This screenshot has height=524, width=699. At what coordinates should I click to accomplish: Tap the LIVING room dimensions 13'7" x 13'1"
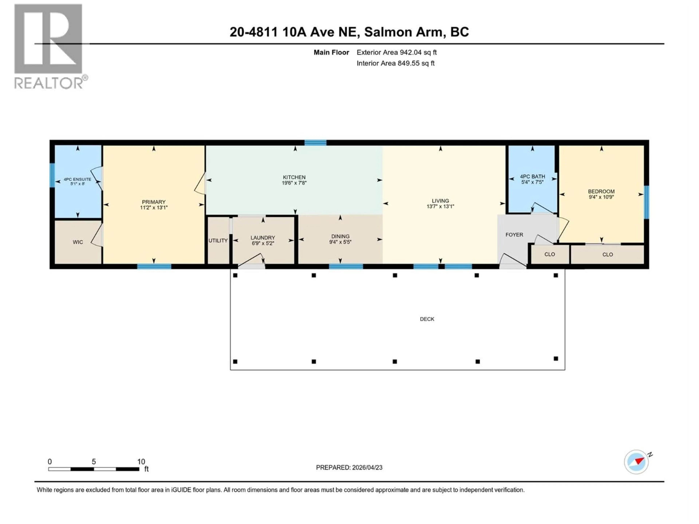[x=440, y=207]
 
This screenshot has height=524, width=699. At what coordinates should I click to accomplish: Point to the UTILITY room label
[x=218, y=241]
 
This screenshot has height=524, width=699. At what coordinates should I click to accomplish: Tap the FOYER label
[x=514, y=235]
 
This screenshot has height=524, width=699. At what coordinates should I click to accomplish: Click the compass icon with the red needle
[x=636, y=462]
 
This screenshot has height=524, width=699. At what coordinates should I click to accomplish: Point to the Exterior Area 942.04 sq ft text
[x=397, y=52]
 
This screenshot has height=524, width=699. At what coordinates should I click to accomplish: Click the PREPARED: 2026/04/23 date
[x=349, y=467]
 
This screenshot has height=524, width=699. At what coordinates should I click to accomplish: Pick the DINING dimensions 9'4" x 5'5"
[x=340, y=242]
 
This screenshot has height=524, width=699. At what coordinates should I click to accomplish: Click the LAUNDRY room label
[x=263, y=237]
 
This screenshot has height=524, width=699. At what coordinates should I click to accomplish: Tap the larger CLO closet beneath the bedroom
[x=607, y=255]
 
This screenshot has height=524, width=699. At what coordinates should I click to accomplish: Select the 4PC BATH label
[x=532, y=176]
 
